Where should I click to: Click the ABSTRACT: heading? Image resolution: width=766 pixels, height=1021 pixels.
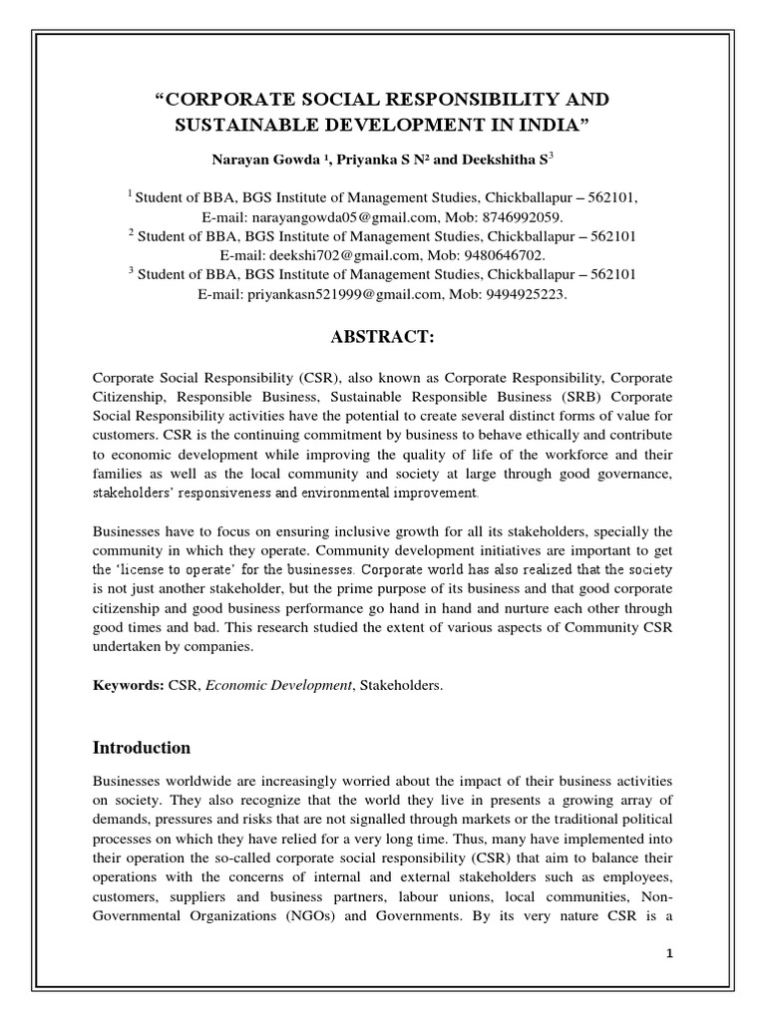pos(382,338)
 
